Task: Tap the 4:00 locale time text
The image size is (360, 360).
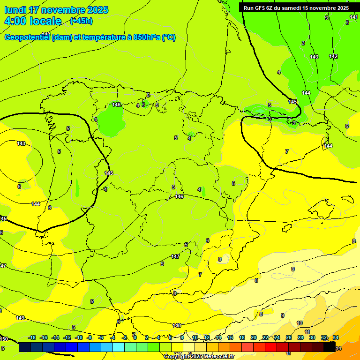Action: (x=33, y=21)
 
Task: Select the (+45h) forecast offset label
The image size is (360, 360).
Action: (x=81, y=21)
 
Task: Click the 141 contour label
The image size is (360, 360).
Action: (x=354, y=17)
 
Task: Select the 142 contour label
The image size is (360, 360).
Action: (x=333, y=56)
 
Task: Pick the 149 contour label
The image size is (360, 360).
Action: (x=20, y=318)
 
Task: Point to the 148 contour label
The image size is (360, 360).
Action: (x=177, y=325)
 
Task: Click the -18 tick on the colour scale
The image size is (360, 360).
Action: (x=32, y=337)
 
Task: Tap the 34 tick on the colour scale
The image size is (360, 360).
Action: (x=336, y=337)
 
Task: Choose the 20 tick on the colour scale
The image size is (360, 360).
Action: (x=254, y=337)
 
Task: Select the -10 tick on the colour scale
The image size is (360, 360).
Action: (x=79, y=337)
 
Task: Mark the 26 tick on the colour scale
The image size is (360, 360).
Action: (x=289, y=337)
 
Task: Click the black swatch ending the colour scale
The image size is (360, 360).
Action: (x=329, y=347)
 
